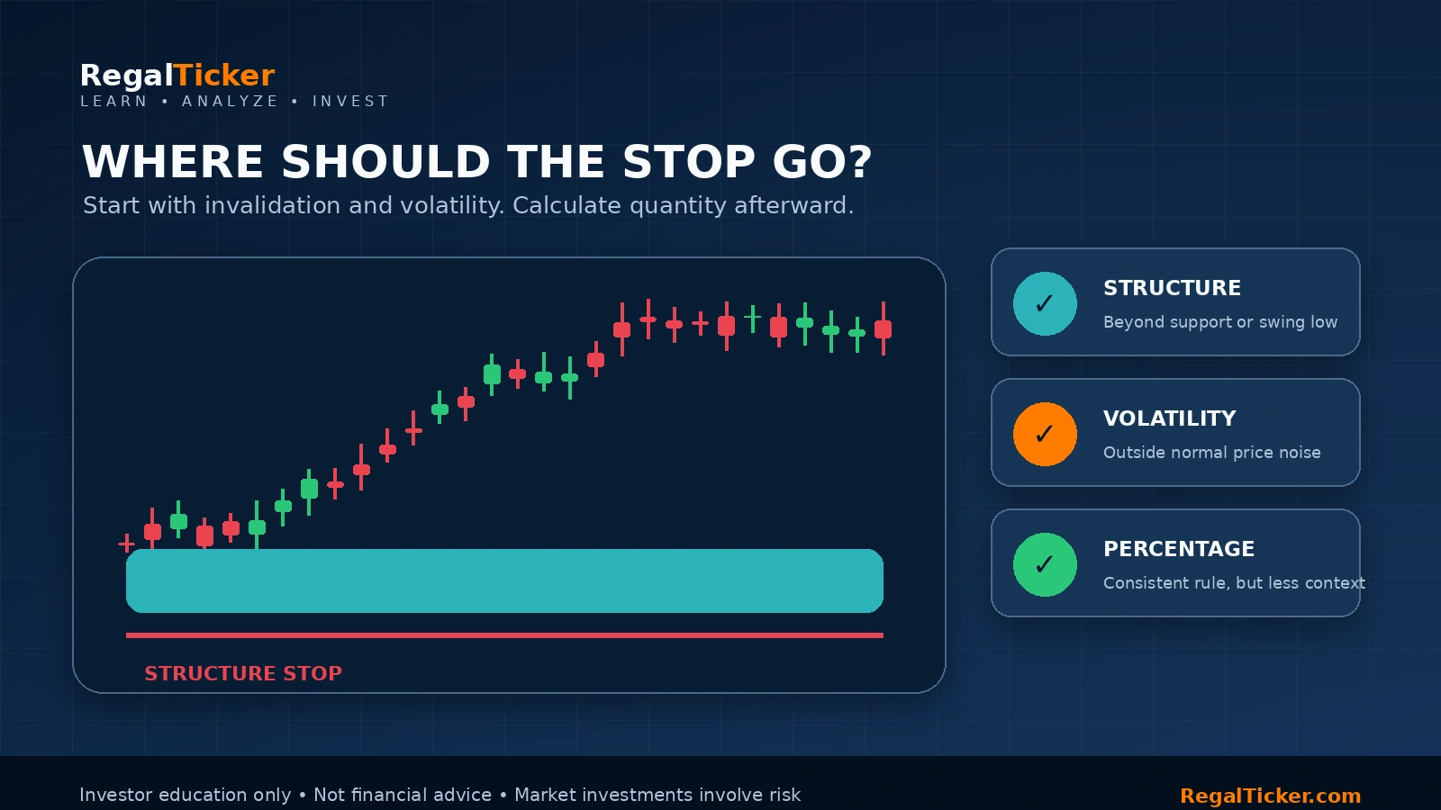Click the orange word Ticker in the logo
click(224, 76)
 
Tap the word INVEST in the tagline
click(350, 102)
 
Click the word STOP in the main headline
click(688, 161)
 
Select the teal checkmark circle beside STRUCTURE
click(1045, 303)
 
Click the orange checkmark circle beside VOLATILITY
click(1045, 434)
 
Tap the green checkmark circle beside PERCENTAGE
click(1045, 564)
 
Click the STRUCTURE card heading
click(1172, 287)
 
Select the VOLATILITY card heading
click(1170, 418)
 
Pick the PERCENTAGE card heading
click(1179, 548)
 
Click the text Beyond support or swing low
click(1220, 322)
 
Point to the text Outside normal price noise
click(1212, 453)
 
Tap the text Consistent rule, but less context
click(1234, 583)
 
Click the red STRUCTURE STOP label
click(243, 673)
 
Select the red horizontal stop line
click(504, 635)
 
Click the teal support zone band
click(504, 580)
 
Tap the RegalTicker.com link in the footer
click(1271, 796)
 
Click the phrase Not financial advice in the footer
click(402, 796)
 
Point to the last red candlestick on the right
click(884, 328)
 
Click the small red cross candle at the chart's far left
click(127, 544)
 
